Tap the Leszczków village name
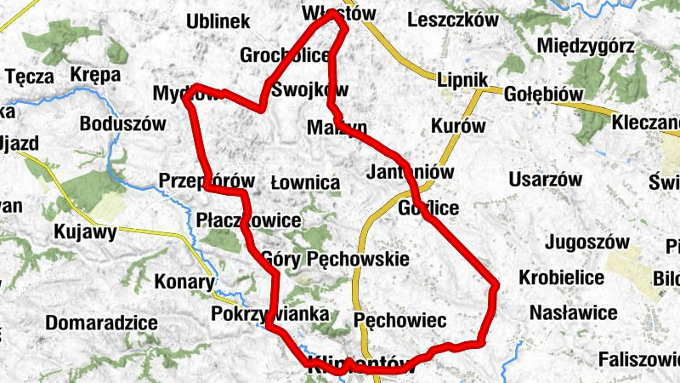(452, 20)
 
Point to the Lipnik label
(460, 80)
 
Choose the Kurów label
(458, 126)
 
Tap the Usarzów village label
(545, 180)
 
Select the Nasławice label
(573, 313)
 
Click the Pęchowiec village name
(399, 320)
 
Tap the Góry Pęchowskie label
(336, 258)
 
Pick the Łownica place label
(304, 183)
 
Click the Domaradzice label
(102, 323)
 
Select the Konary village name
(184, 282)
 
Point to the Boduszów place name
(122, 123)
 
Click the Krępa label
(95, 75)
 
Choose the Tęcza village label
(30, 77)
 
